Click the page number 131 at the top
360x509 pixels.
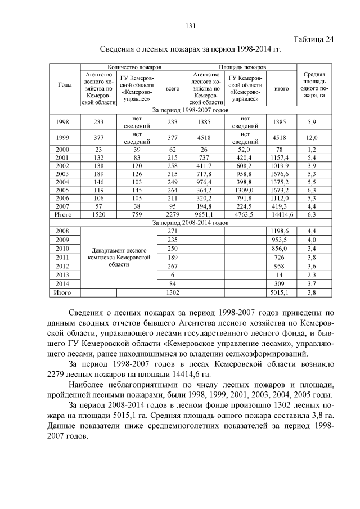(x=190, y=25)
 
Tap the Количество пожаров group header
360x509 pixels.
(x=134, y=67)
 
